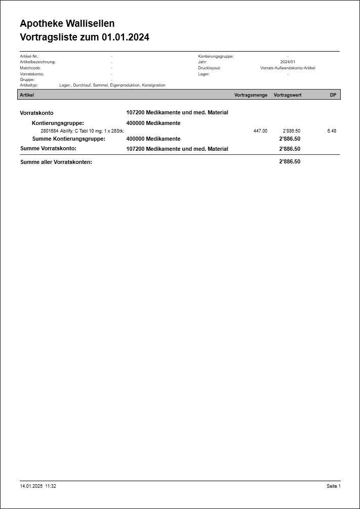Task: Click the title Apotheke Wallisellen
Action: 67,24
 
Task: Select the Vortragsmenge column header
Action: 251,95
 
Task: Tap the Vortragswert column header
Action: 287,95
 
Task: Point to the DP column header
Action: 333,95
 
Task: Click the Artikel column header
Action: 27,95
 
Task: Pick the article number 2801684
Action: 49,131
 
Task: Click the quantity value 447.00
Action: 260,131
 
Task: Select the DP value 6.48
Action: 332,131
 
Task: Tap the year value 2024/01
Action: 288,62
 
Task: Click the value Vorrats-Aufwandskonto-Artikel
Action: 288,68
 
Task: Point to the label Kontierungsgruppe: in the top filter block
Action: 216,56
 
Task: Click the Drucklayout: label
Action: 209,68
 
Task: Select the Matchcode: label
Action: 30,68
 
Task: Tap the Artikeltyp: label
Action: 29,86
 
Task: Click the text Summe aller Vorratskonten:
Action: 56,162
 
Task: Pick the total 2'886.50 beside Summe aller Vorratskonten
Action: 290,162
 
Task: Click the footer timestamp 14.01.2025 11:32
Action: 38,486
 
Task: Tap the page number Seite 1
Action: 334,486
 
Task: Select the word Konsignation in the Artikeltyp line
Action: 153,86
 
